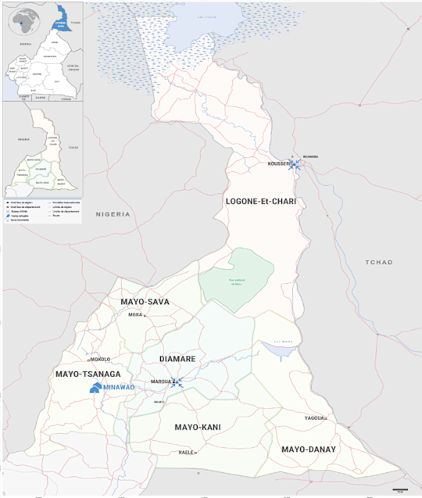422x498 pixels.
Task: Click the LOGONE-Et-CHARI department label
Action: tap(265, 202)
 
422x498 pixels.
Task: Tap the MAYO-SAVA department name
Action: tap(145, 301)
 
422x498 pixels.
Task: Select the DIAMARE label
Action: tap(178, 359)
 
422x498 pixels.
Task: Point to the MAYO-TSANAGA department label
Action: tap(86, 375)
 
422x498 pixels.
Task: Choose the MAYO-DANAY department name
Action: tap(308, 450)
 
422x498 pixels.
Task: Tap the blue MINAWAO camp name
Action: tap(119, 387)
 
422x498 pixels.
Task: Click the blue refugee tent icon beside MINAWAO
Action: tap(95, 387)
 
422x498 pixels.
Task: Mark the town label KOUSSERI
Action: tap(278, 164)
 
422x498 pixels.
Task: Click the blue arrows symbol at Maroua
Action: tap(177, 382)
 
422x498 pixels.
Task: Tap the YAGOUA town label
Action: tap(314, 418)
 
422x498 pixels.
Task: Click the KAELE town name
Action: tap(185, 453)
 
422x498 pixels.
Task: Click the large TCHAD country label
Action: tap(379, 262)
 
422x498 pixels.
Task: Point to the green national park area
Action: tap(236, 275)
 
